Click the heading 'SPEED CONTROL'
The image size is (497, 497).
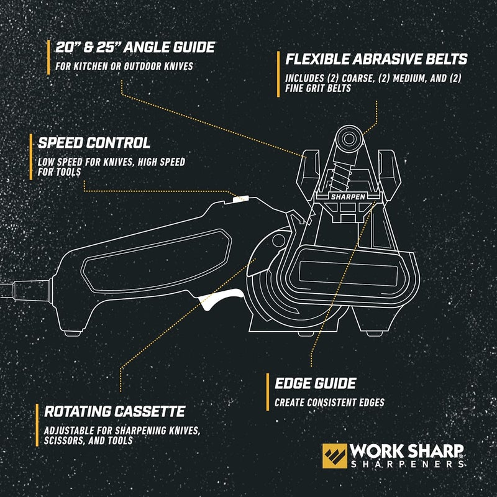pos(94,143)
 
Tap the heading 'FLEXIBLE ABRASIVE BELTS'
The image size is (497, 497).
pos(376,60)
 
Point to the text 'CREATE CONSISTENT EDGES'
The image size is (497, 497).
pos(329,402)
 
